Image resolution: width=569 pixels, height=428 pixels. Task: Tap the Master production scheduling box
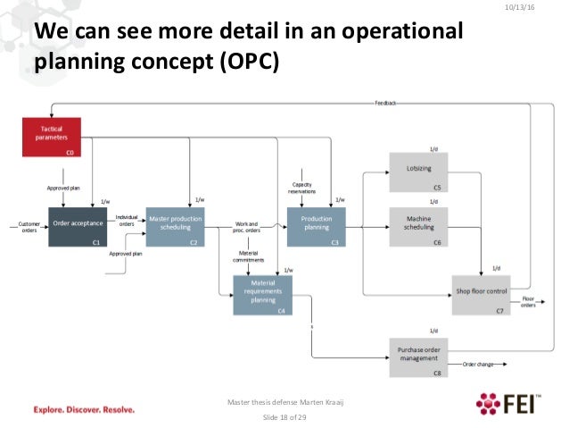(175, 227)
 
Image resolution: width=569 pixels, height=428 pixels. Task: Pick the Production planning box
(316, 227)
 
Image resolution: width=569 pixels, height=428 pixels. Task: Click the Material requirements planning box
(262, 295)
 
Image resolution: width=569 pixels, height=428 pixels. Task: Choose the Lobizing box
(417, 172)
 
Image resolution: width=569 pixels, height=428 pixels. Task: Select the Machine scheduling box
(417, 227)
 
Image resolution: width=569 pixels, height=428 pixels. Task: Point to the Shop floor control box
(481, 294)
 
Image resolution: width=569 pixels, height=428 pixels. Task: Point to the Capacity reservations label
(301, 187)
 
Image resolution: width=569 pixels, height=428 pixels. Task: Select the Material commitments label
(249, 256)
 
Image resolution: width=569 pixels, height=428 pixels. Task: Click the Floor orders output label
(529, 302)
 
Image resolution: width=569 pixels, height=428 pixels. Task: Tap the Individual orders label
(128, 221)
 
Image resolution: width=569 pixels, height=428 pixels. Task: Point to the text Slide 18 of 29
(284, 417)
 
